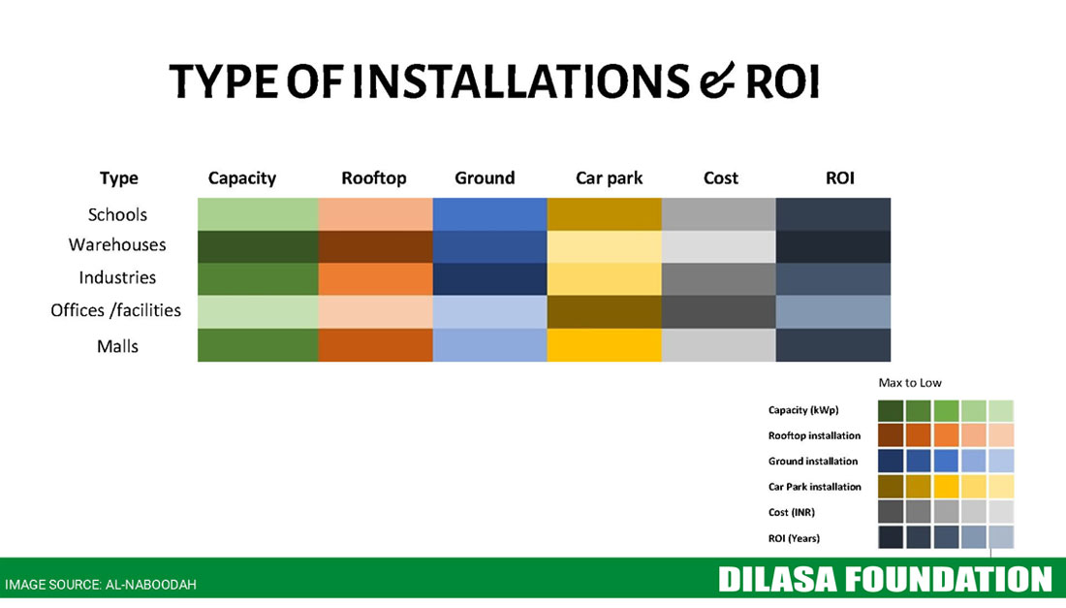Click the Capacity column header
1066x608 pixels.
pos(242,178)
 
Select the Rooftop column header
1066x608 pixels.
pos(374,178)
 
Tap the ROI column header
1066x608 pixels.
pos(839,178)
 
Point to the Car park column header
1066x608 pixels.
pos(610,178)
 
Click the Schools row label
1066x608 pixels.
pos(117,215)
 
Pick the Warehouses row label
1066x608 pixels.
pos(117,244)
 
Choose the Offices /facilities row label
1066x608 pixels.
pos(115,310)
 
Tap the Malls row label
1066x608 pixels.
pos(117,346)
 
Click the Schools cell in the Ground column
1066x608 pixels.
pos(489,214)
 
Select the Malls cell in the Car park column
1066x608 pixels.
pos(605,345)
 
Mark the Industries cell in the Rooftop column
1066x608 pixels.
pos(375,279)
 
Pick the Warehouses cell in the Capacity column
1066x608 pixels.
pos(259,247)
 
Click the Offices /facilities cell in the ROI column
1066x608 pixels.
pos(832,312)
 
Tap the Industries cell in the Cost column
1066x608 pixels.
pos(719,279)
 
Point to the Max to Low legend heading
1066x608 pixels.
pos(910,383)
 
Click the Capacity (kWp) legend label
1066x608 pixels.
pos(803,410)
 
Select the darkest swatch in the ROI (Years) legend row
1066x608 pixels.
pos(891,537)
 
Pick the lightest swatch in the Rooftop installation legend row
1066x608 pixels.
pos(1001,435)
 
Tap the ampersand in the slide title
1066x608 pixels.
pos(717,80)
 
